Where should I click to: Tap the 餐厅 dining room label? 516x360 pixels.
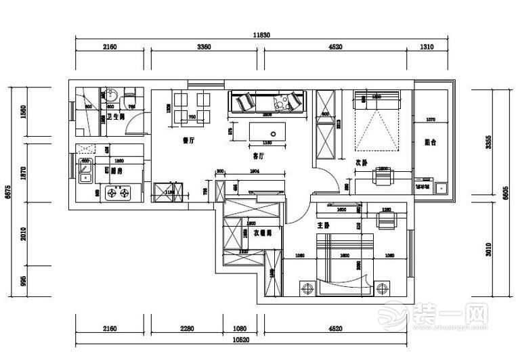[x=189, y=141]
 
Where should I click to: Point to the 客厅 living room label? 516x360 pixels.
[x=258, y=156]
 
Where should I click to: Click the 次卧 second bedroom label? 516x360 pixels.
[x=362, y=162]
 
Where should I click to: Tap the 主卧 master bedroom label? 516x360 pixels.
[x=323, y=225]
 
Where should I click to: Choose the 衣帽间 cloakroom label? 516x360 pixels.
[x=263, y=232]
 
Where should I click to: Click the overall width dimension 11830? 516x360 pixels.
[x=261, y=35]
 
